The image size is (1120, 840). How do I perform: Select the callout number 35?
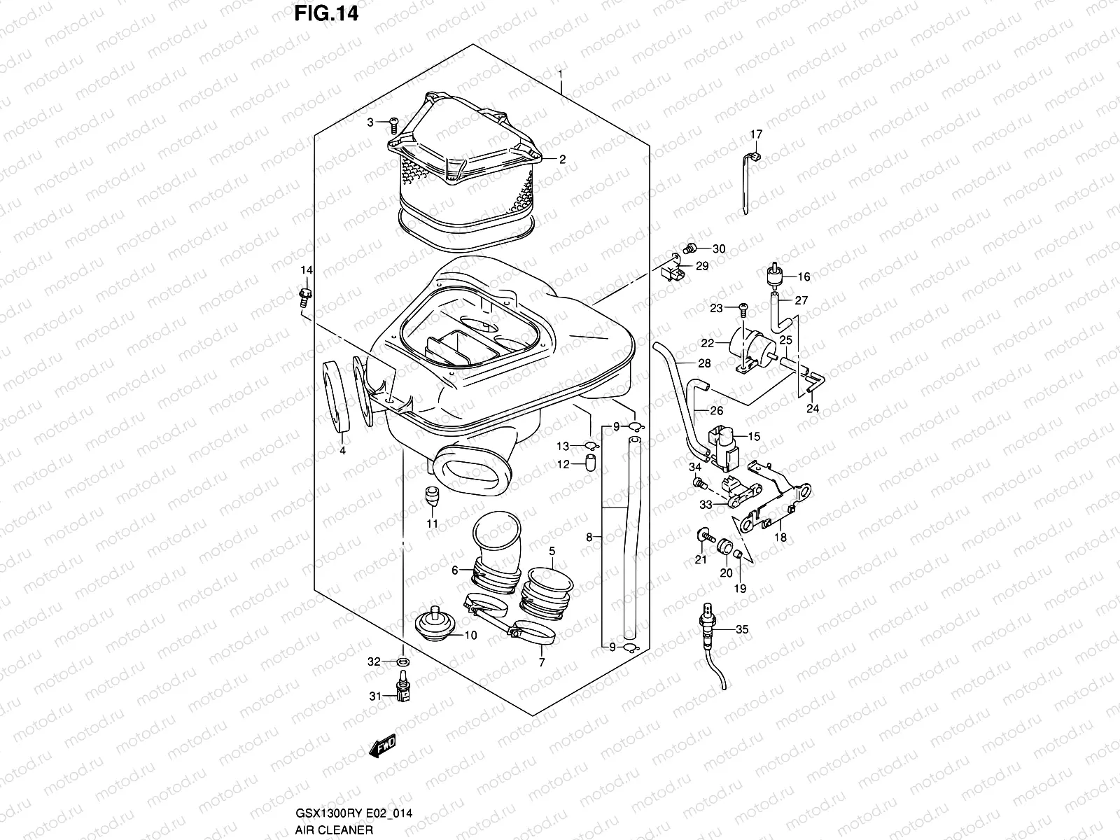[742, 629]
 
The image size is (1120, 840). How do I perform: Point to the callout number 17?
[756, 134]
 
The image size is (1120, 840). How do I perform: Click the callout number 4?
[342, 451]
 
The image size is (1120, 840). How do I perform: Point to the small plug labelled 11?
[433, 497]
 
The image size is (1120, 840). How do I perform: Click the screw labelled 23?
[744, 307]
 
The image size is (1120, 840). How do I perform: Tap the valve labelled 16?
[773, 275]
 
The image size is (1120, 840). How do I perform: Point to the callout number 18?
[780, 538]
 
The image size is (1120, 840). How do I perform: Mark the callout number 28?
[704, 363]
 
